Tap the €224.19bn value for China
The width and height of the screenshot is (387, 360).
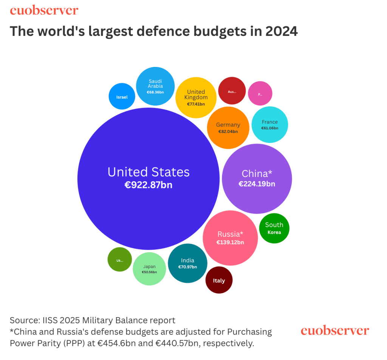257,184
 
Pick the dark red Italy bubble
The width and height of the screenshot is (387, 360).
219,280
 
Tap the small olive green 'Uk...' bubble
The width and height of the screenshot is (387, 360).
120,260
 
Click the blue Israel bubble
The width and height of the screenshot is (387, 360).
122,96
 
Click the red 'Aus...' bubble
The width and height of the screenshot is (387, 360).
232,91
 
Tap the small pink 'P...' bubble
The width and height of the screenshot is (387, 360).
260,93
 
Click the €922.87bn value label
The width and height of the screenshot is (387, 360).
148,185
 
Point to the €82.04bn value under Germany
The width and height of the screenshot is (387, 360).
228,132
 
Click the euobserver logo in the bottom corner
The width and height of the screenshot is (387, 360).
334,331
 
